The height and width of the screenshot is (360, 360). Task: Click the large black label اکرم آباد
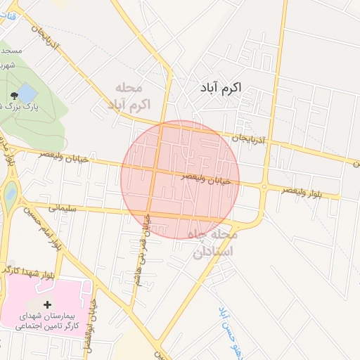click(x=216, y=88)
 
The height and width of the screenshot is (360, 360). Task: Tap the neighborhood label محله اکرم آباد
click(x=129, y=96)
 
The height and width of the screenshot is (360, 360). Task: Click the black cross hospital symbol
click(x=48, y=304)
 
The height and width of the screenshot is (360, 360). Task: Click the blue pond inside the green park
click(x=27, y=92)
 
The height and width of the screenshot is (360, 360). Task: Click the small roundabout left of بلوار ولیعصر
click(x=264, y=186)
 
